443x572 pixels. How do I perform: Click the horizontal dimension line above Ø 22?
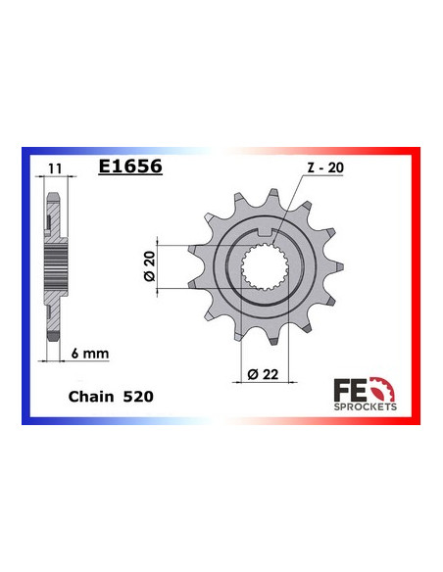tap(263, 357)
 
